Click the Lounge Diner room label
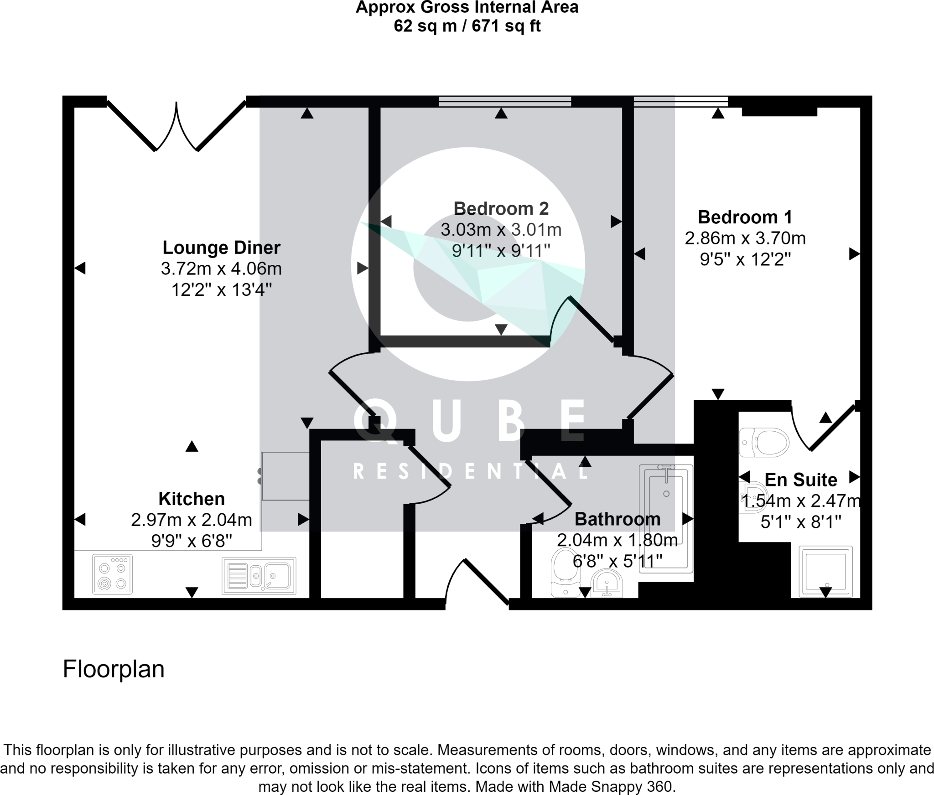point(221,248)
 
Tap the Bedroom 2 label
point(501,208)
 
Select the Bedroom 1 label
point(745,217)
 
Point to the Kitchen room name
point(192,499)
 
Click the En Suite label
point(801,480)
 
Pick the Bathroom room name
point(617,519)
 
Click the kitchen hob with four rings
point(112,574)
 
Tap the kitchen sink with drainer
point(259,576)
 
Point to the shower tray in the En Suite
point(825,572)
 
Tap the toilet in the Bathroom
point(565,572)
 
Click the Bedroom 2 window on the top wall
point(504,101)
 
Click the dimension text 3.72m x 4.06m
point(221,268)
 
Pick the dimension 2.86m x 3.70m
point(745,238)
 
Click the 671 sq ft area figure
point(506,26)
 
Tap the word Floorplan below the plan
point(114,669)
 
